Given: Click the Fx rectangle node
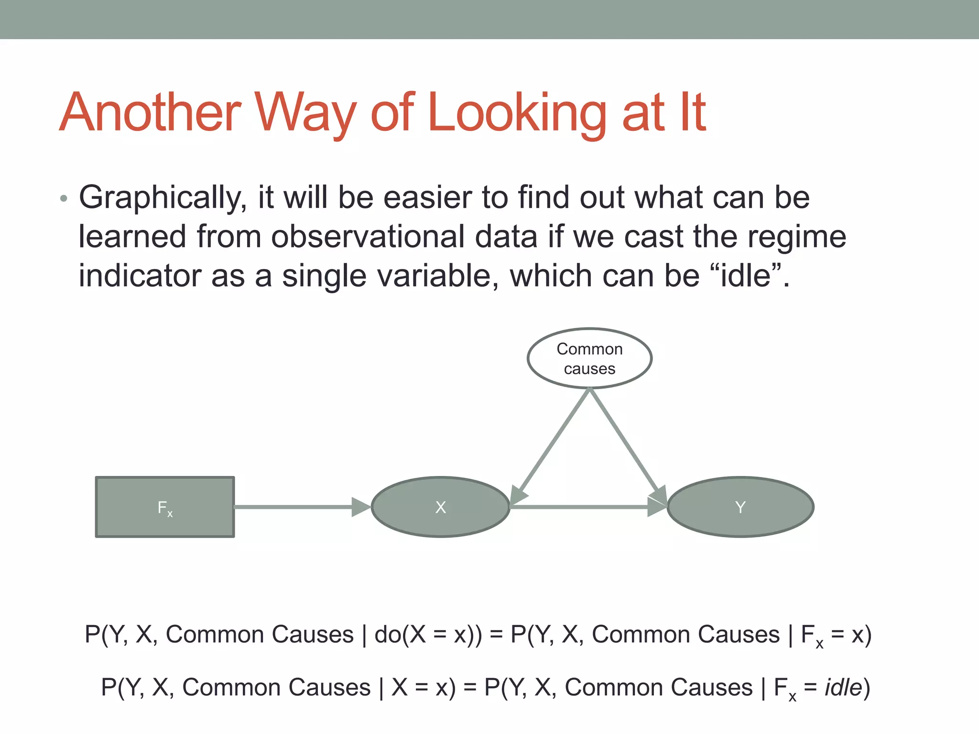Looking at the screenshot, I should coord(165,507).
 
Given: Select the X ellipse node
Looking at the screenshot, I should coord(440,507).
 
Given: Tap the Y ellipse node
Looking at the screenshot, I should coord(740,507).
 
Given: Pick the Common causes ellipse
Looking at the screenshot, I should coord(589,358).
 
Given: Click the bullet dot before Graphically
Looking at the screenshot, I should coord(64,199).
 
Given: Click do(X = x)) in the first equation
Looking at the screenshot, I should coord(428,635).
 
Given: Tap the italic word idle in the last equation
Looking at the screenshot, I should coord(843,688).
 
